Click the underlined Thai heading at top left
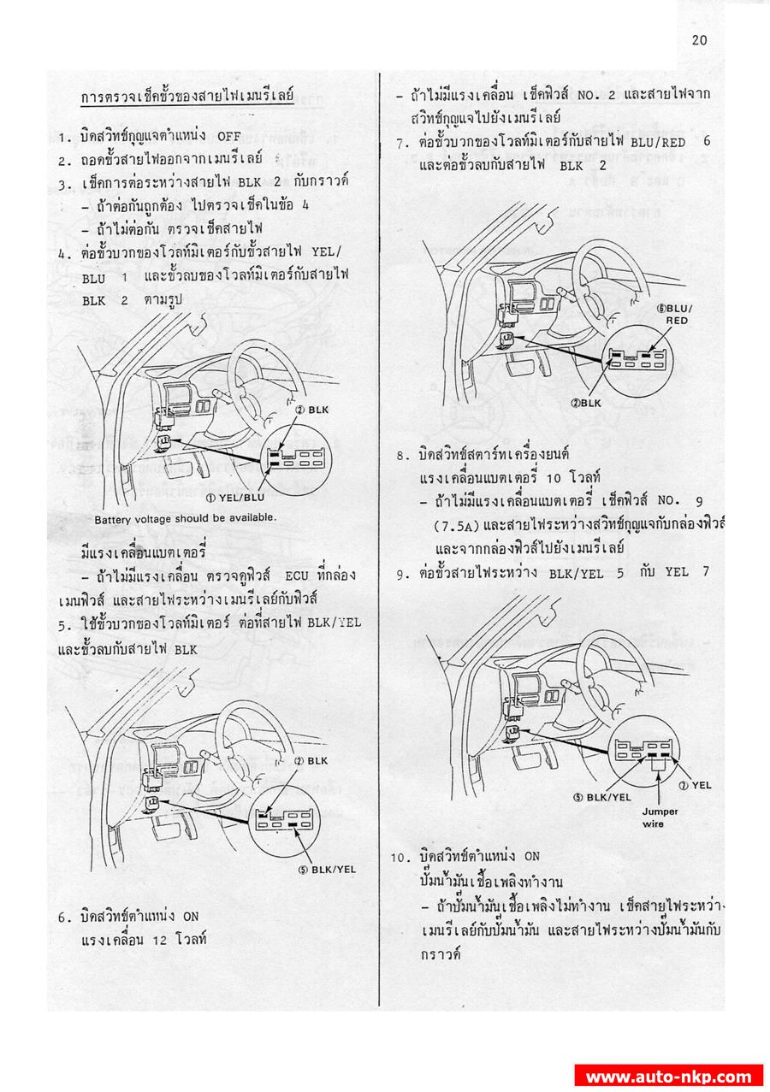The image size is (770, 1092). (187, 97)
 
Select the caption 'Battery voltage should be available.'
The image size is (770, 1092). (186, 518)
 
